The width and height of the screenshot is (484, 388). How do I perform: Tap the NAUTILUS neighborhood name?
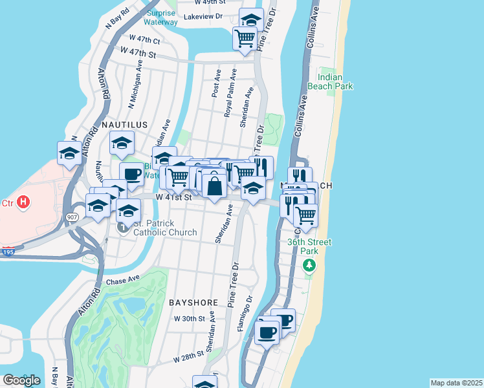coord(124,124)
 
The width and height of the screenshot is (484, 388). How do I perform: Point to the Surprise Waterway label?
coord(161,17)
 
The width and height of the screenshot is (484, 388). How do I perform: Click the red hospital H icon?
coord(23,202)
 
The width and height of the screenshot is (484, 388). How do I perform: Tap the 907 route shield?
coord(71,218)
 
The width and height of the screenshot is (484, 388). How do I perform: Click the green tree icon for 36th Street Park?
coord(310,265)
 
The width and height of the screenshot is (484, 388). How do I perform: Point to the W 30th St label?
coord(189,319)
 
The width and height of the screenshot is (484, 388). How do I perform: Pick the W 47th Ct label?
coord(144,39)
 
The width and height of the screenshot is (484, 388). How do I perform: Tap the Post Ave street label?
coord(215,83)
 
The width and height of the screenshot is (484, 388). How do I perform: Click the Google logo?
coord(21,380)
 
